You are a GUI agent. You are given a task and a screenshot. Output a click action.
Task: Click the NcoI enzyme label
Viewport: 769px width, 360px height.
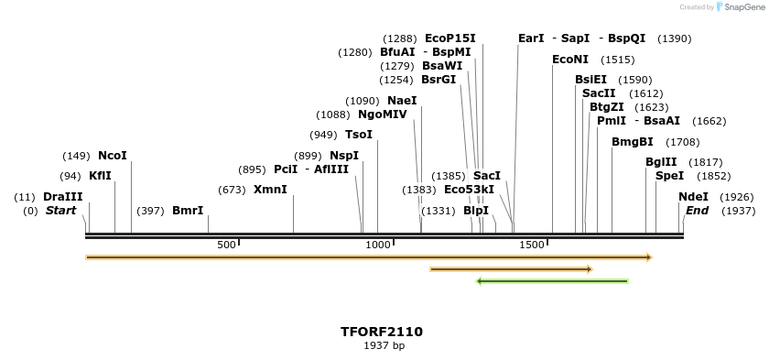(113, 156)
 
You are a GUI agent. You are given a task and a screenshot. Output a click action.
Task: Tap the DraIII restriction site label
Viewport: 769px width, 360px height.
(62, 197)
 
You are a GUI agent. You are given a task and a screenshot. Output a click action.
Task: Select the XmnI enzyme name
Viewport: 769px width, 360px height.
(270, 190)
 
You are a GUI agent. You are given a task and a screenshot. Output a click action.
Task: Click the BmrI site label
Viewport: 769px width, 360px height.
(188, 211)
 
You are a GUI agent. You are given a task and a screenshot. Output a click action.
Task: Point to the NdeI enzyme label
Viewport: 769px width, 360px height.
(693, 197)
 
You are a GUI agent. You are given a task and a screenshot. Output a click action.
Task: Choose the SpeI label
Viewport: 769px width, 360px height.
(669, 176)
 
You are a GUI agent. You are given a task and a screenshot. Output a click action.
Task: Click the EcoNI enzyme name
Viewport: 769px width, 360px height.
(570, 60)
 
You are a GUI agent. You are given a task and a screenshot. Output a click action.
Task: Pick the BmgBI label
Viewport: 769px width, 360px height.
(633, 142)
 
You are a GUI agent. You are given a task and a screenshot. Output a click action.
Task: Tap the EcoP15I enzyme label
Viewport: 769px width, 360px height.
(450, 38)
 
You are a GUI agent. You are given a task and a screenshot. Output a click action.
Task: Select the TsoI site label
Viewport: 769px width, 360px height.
(359, 135)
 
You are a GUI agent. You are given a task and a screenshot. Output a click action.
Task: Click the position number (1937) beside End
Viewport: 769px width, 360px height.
(738, 211)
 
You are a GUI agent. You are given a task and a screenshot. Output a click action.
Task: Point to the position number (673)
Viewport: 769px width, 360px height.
(233, 190)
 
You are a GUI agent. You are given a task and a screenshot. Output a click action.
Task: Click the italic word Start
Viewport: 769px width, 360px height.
(60, 211)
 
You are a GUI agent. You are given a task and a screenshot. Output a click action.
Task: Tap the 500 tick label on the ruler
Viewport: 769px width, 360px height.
(225, 245)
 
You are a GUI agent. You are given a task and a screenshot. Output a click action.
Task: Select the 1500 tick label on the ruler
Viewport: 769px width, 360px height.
(532, 245)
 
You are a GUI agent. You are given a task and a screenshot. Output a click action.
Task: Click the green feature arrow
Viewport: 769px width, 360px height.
(552, 281)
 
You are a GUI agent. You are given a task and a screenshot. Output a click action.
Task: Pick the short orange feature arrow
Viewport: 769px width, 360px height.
(511, 269)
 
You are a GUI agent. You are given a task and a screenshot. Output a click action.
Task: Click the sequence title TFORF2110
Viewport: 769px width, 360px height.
(382, 332)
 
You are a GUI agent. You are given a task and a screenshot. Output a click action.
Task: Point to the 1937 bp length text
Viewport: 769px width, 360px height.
(384, 346)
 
